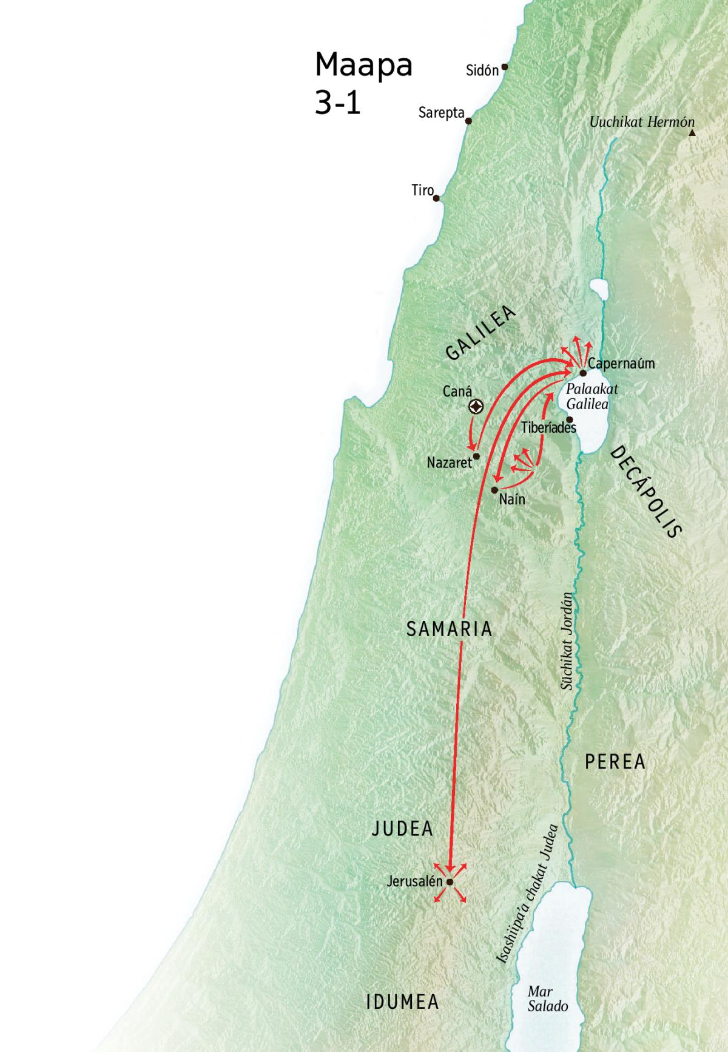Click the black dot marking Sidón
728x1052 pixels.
[x=504, y=67]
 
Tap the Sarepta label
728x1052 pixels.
[x=441, y=113]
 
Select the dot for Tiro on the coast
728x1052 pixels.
[x=436, y=198]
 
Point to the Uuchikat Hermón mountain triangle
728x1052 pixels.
[x=692, y=132]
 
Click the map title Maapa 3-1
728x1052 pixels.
[x=363, y=83]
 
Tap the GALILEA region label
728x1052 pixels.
[x=480, y=333]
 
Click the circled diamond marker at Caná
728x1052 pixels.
[x=476, y=407]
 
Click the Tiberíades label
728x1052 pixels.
[x=548, y=428]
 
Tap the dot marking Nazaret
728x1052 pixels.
[x=477, y=456]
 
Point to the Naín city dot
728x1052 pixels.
[x=495, y=489]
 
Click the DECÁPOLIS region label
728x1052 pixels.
[x=646, y=492]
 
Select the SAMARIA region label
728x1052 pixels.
[x=449, y=629]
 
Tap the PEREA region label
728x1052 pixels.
[x=615, y=762]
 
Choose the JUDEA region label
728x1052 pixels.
[x=402, y=829]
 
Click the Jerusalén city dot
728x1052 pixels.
[x=450, y=882]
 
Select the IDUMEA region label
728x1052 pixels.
[x=402, y=1002]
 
